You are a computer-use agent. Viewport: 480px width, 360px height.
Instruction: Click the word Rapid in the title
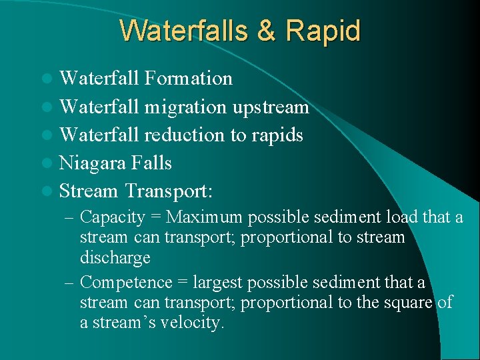click(323, 31)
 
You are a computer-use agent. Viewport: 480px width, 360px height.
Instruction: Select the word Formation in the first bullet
click(188, 79)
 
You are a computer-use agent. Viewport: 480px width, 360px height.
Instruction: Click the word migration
click(186, 107)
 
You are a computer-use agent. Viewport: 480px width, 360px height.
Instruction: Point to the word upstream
click(271, 107)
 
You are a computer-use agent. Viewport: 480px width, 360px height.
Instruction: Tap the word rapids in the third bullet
click(277, 135)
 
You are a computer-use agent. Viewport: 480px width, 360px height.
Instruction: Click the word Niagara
click(93, 163)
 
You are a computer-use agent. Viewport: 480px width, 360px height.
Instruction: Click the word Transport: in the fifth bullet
click(168, 191)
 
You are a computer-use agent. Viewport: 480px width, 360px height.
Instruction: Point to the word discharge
click(115, 257)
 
